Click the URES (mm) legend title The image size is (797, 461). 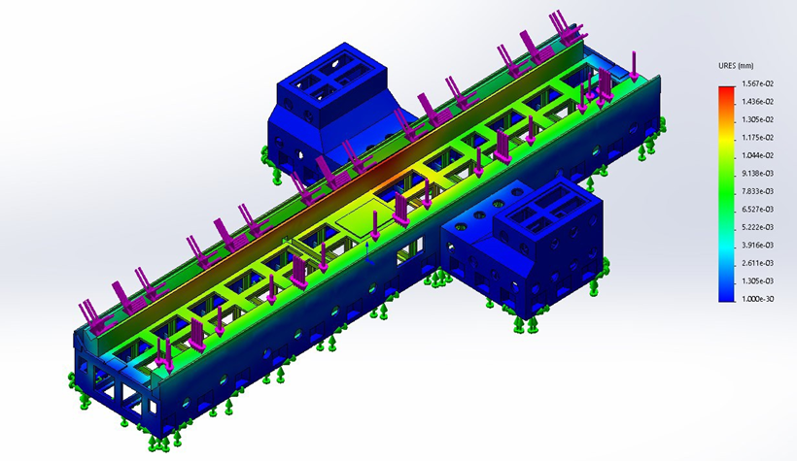tap(736, 66)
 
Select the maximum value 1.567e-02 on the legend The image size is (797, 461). tap(757, 83)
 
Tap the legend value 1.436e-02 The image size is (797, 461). tap(757, 102)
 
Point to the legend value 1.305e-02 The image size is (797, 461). tap(757, 119)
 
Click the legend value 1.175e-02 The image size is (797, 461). tap(757, 138)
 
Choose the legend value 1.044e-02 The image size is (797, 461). tap(757, 155)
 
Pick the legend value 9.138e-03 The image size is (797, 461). tap(757, 173)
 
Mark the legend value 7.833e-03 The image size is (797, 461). tap(757, 191)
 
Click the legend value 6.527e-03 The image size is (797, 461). tap(757, 210)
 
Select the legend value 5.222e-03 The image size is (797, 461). tap(757, 227)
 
